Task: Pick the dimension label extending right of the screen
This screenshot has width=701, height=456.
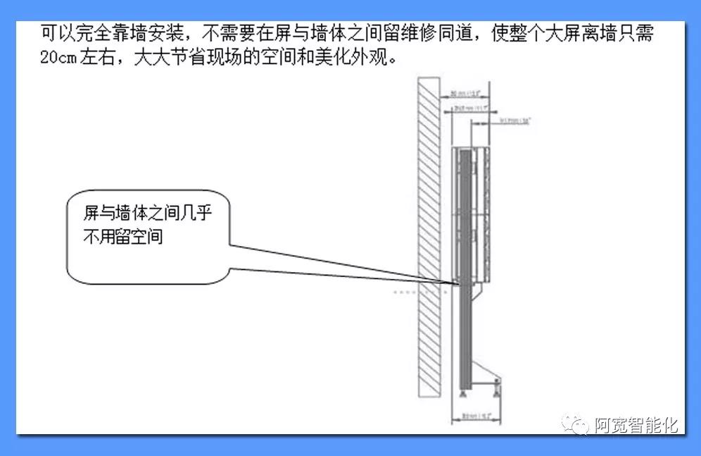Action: [514, 121]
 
